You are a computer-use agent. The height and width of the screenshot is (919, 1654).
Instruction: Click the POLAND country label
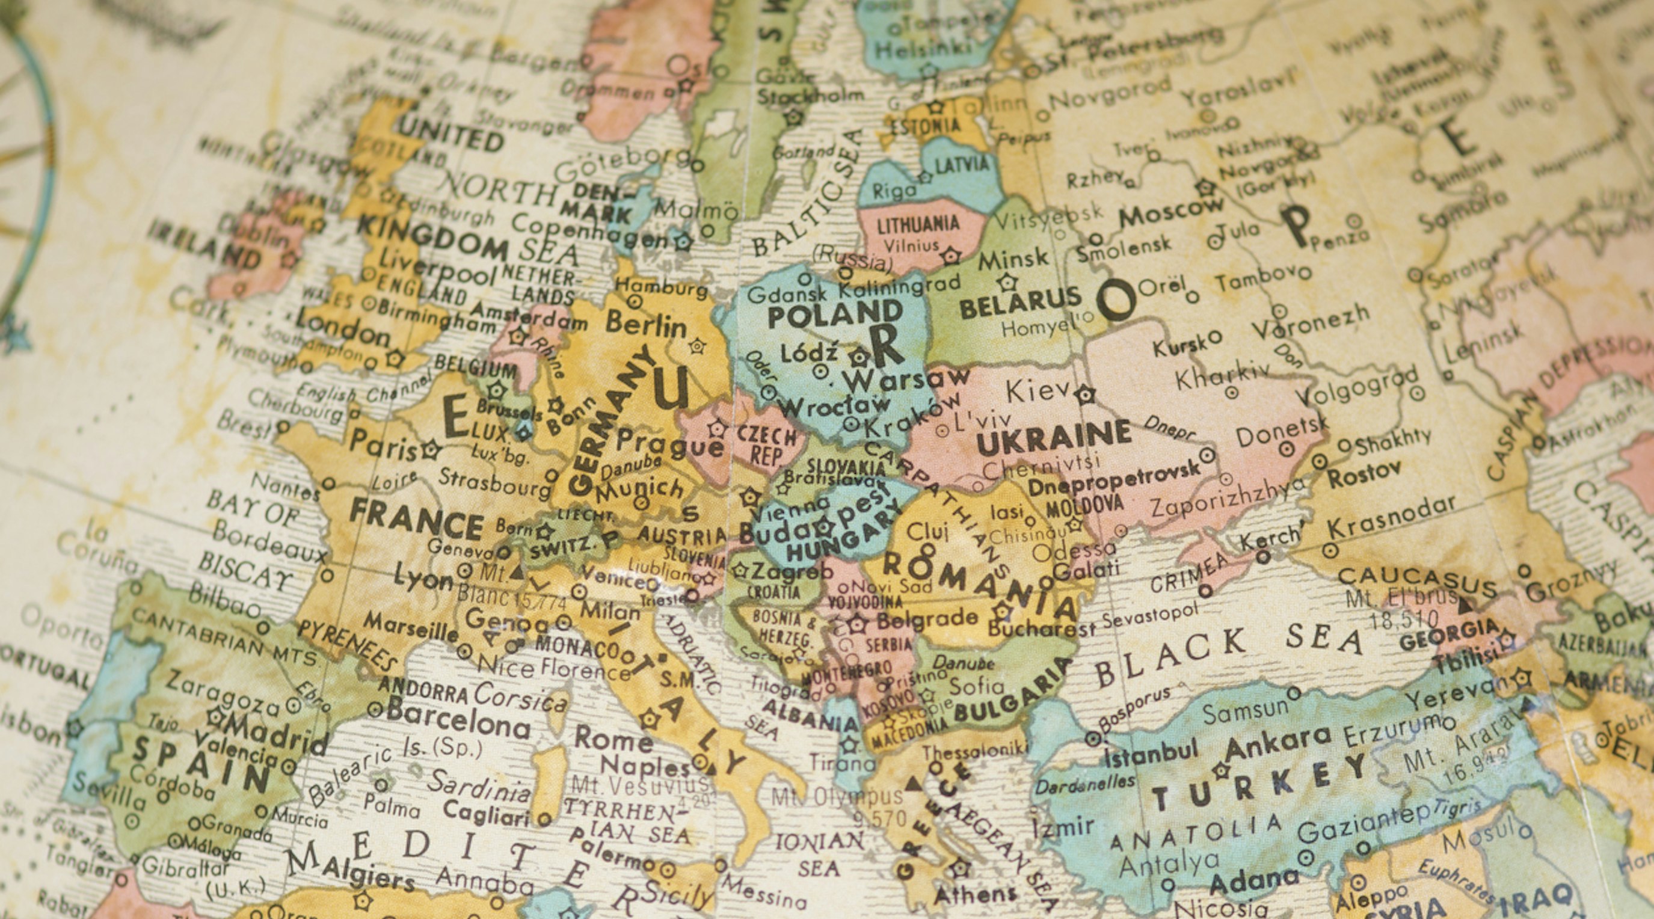point(835,315)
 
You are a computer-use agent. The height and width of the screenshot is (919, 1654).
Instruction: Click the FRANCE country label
point(416,521)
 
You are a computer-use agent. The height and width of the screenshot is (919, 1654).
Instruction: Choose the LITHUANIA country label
point(918,225)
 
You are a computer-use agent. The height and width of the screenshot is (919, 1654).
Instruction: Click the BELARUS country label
point(1020,303)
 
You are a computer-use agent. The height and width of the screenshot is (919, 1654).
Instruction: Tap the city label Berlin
point(646,324)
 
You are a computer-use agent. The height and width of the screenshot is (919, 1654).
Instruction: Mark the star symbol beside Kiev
point(1085,394)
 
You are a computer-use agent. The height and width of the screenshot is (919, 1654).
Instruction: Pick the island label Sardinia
point(479,787)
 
